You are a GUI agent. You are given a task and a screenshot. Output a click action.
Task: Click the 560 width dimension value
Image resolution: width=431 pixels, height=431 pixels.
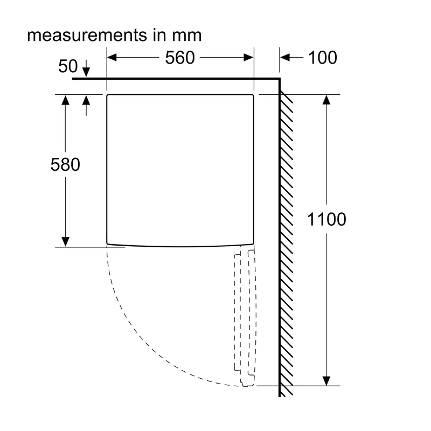point(180,58)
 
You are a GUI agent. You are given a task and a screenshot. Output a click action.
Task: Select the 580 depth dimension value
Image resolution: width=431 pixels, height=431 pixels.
point(65,165)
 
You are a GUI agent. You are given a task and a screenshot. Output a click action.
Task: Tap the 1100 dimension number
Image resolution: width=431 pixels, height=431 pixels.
point(326,219)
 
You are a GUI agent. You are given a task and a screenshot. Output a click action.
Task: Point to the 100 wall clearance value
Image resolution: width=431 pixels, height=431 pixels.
point(322,58)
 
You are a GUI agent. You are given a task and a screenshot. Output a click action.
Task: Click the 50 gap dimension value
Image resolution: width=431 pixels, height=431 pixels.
point(68,66)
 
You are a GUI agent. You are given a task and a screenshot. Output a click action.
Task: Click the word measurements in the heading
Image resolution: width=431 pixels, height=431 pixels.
point(87,35)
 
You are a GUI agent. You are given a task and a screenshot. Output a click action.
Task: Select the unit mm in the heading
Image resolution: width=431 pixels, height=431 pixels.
point(187,36)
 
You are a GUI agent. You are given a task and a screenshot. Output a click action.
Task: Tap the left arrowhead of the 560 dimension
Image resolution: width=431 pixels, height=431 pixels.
point(112,58)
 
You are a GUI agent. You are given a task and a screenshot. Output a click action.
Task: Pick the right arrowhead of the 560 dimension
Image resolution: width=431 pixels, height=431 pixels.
point(248,58)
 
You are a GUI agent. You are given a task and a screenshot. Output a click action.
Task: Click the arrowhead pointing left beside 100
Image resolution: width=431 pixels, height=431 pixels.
point(285,58)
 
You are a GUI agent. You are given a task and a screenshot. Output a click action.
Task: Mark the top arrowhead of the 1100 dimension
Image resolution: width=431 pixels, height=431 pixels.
point(326,100)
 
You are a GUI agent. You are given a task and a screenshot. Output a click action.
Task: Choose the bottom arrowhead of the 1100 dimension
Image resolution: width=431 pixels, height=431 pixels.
point(326,381)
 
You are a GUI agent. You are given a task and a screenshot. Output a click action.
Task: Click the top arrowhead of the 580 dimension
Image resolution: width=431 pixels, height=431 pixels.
point(65,100)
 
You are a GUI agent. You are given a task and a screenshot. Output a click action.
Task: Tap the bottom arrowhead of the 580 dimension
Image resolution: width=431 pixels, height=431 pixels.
point(65,242)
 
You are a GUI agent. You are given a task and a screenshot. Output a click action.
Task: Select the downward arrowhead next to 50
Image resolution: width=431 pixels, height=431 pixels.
point(86,72)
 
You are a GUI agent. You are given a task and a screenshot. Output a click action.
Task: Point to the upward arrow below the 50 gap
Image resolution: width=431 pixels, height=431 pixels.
point(86,106)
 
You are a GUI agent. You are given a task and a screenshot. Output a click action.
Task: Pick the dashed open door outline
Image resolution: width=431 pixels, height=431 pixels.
point(245,316)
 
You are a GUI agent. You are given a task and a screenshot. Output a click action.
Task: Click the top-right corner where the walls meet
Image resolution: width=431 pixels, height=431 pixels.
point(280,79)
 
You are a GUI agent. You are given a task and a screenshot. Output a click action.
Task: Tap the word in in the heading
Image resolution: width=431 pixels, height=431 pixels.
point(159,35)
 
